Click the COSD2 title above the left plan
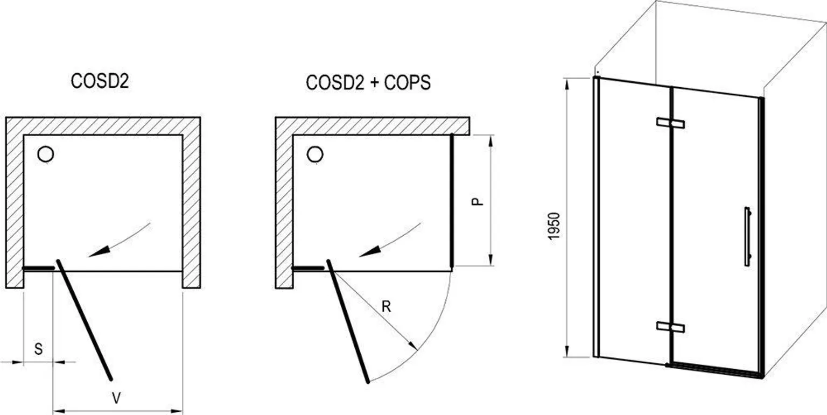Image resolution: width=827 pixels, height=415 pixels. click(x=100, y=81)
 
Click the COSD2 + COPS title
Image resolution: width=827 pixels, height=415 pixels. click(x=368, y=82)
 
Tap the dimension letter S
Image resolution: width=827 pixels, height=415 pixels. click(x=38, y=349)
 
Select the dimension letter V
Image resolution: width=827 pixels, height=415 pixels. click(x=116, y=398)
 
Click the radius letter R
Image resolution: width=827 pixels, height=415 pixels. click(x=386, y=307)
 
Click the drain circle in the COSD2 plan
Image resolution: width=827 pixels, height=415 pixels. click(x=46, y=155)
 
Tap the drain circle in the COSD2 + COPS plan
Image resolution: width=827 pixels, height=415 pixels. click(x=315, y=155)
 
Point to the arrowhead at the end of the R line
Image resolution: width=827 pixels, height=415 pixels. click(x=413, y=346)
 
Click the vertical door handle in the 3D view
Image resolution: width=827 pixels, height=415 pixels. click(x=747, y=236)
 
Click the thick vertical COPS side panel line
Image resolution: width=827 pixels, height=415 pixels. click(x=452, y=200)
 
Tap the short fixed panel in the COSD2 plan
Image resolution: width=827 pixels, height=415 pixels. click(x=38, y=268)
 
